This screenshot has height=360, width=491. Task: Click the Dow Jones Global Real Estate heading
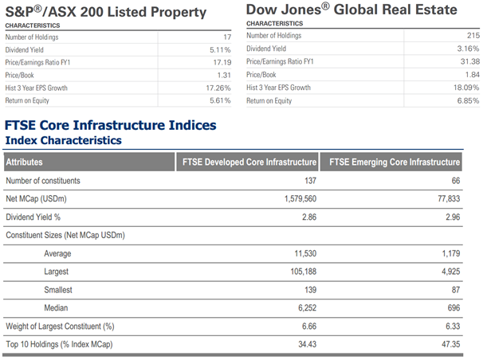click(352, 10)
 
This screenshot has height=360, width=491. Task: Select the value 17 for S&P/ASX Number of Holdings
click(226, 37)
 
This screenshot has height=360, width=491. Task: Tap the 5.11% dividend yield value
click(220, 50)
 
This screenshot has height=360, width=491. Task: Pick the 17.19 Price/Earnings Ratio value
click(222, 62)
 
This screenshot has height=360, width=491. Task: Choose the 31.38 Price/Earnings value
click(469, 62)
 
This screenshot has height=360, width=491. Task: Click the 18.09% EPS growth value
click(465, 88)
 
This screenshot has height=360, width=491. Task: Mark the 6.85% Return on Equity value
click(466, 101)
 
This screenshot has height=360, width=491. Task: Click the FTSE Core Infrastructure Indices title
click(111, 126)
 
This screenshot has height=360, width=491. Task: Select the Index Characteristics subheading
click(64, 140)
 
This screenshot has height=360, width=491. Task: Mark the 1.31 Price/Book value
click(223, 75)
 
